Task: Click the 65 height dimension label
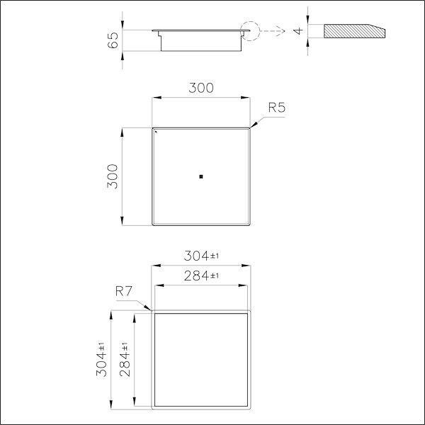[113, 40]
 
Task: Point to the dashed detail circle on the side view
[249, 30]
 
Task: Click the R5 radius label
[277, 108]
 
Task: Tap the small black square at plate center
[202, 176]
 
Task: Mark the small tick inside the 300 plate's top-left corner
[157, 131]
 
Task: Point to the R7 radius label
[125, 290]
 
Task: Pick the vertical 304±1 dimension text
[102, 359]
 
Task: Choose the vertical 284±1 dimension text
[125, 359]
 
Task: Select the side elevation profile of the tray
[200, 39]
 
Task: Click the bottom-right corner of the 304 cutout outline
[251, 409]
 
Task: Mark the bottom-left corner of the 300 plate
[154, 224]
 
